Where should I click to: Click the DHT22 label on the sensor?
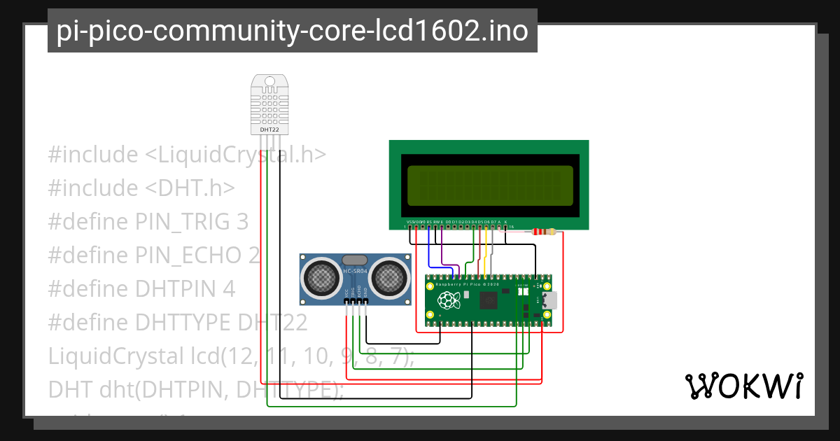[269, 129]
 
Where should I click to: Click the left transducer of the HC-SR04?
[322, 278]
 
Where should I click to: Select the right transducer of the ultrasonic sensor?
[388, 278]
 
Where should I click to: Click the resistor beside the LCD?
[543, 232]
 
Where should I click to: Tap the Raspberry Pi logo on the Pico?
[447, 302]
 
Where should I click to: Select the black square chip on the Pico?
[488, 301]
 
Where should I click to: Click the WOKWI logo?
[743, 386]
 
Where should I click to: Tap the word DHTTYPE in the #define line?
[183, 323]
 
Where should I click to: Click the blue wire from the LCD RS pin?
[429, 248]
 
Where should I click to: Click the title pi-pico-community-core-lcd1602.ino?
[292, 31]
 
